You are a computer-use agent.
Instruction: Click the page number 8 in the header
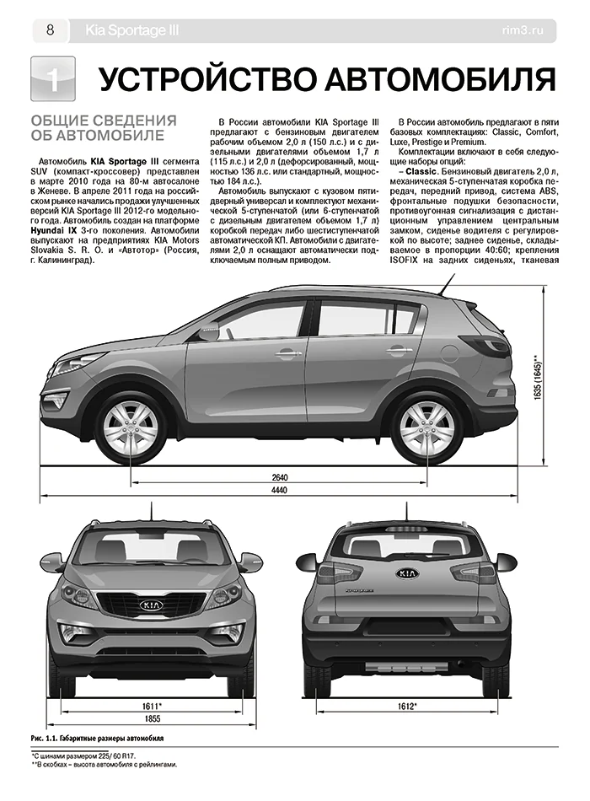coord(50,31)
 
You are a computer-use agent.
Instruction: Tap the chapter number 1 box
coord(52,81)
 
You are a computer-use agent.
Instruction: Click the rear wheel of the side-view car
coord(426,423)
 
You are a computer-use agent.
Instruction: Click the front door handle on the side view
coord(287,354)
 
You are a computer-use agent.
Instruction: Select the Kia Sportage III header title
coord(131,31)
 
